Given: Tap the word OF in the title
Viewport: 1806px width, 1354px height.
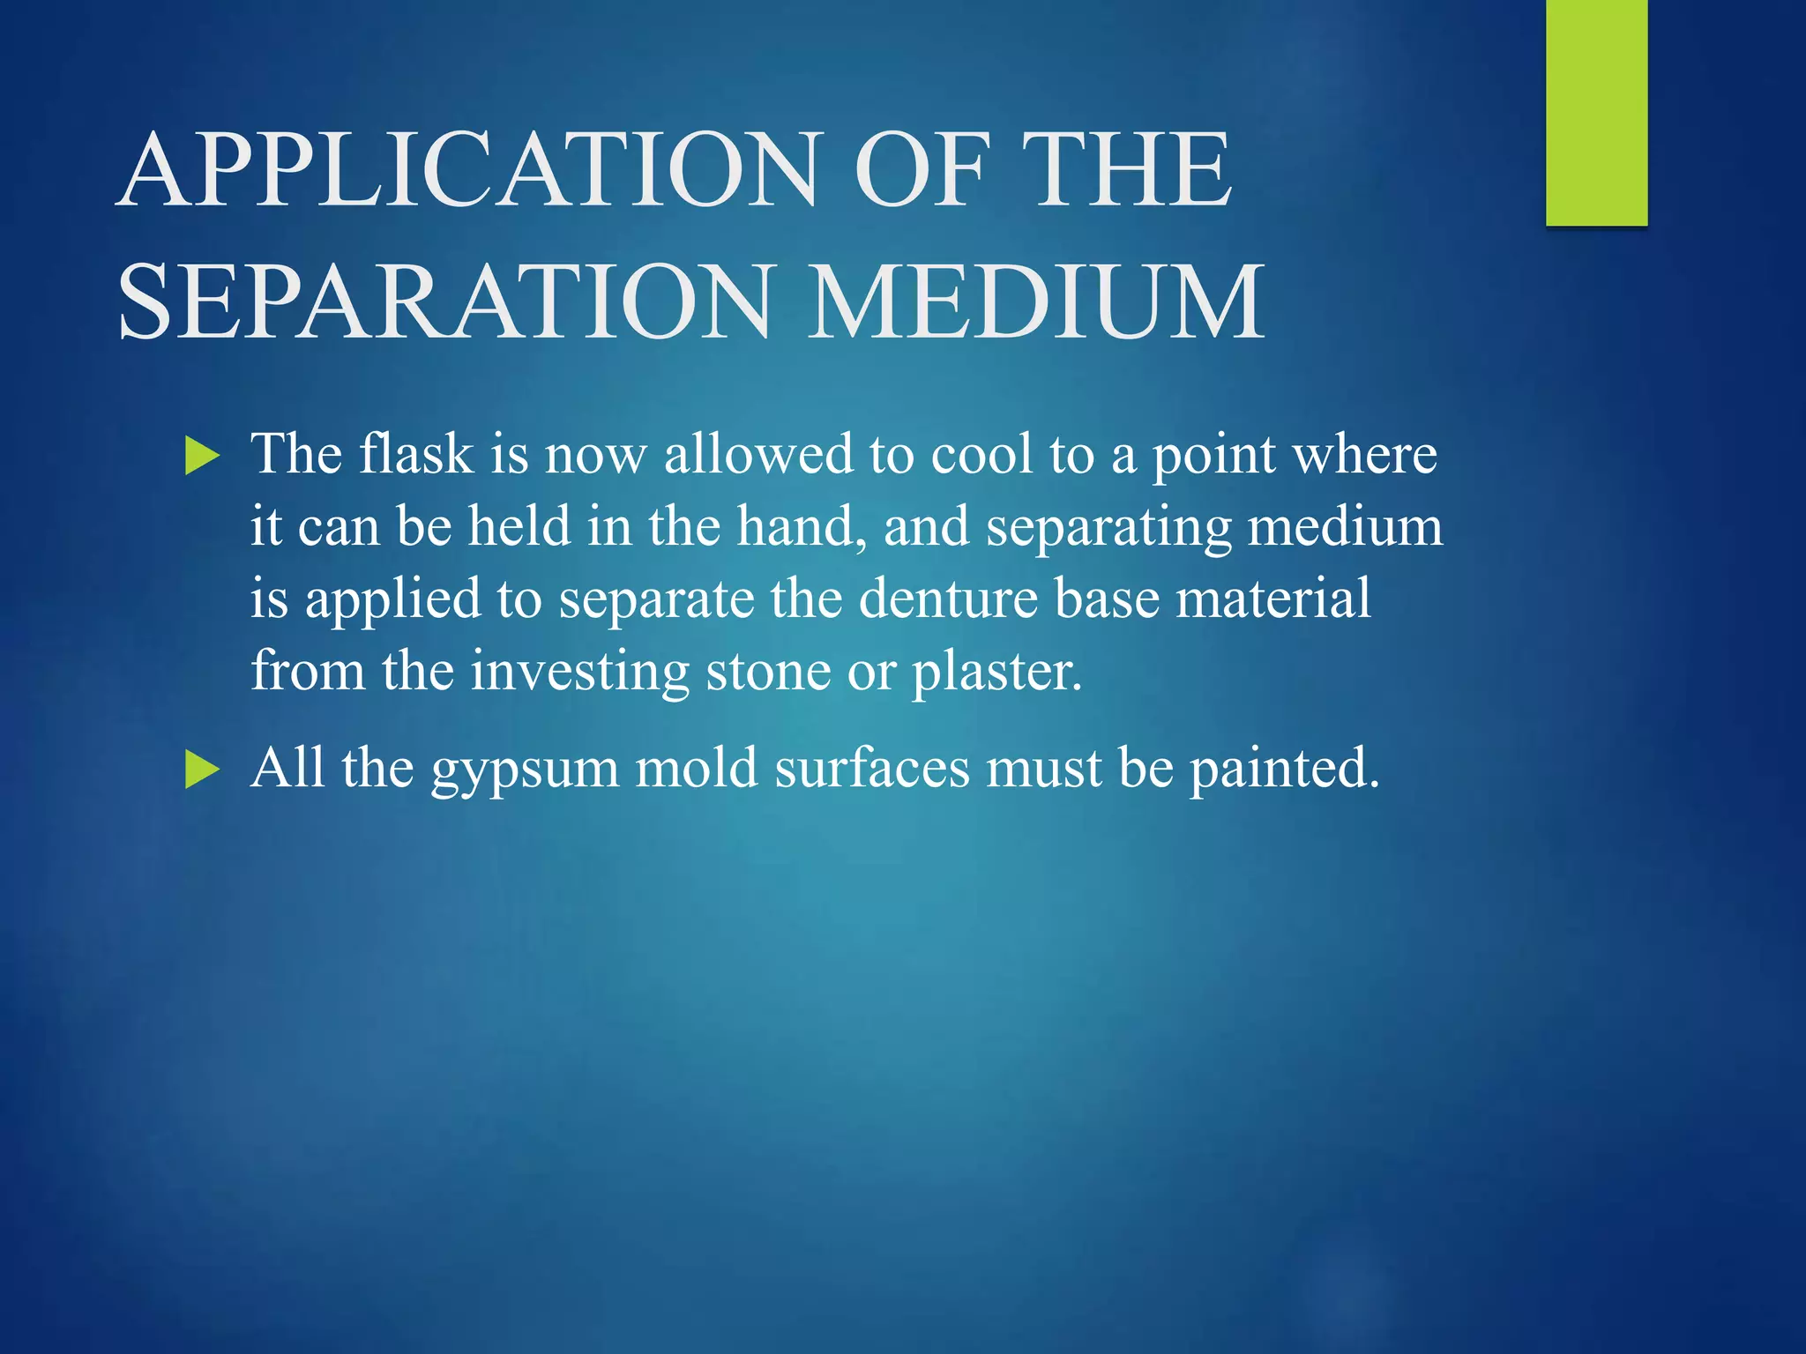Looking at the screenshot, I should click(919, 169).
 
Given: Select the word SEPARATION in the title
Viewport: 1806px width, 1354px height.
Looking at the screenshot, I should click(444, 301).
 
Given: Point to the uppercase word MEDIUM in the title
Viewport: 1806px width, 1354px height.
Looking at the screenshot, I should click(1036, 301).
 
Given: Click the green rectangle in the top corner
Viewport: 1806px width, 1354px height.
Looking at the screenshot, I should click(1596, 112).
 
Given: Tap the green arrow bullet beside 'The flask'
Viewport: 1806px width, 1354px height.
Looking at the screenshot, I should click(202, 458).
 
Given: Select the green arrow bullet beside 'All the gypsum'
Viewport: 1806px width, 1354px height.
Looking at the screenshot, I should click(202, 770).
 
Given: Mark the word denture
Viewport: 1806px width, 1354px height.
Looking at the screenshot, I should click(949, 599).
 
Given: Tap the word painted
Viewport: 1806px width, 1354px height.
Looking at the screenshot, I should click(1283, 769).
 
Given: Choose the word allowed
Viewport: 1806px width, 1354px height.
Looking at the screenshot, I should click(758, 454).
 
